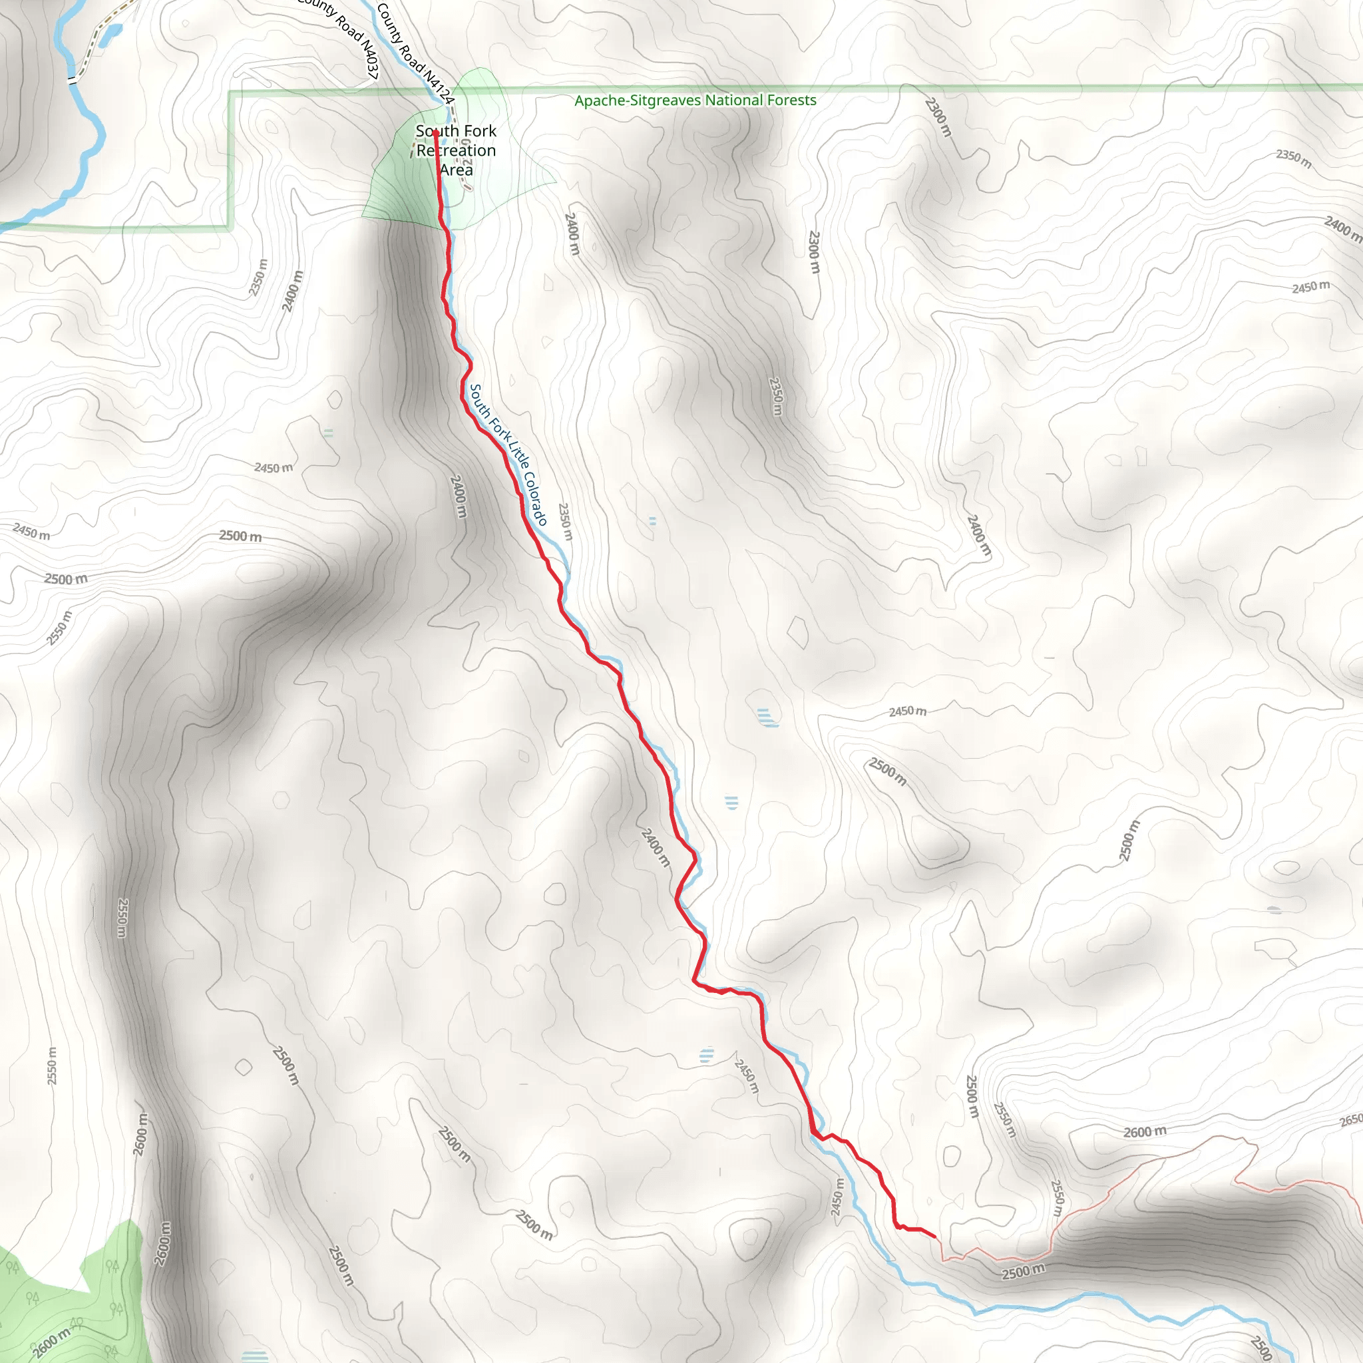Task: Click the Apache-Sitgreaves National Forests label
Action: click(x=695, y=100)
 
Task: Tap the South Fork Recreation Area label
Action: click(x=456, y=150)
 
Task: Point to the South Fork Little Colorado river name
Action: click(x=508, y=455)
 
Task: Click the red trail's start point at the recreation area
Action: click(x=436, y=132)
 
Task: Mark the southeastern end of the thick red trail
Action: click(x=935, y=1237)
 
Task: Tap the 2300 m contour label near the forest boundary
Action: click(x=938, y=117)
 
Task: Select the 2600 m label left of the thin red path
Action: click(x=1144, y=1132)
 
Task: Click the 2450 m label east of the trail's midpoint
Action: click(x=907, y=711)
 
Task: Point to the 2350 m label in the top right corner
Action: click(x=1294, y=159)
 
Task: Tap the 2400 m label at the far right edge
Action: click(x=1342, y=230)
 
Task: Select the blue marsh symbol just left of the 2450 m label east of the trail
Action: click(x=767, y=718)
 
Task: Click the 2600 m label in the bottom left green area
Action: click(x=51, y=1342)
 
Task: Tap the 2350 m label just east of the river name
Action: click(x=565, y=521)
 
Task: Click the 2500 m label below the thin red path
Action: click(x=1023, y=1271)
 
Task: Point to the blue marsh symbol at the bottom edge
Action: click(x=255, y=1356)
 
